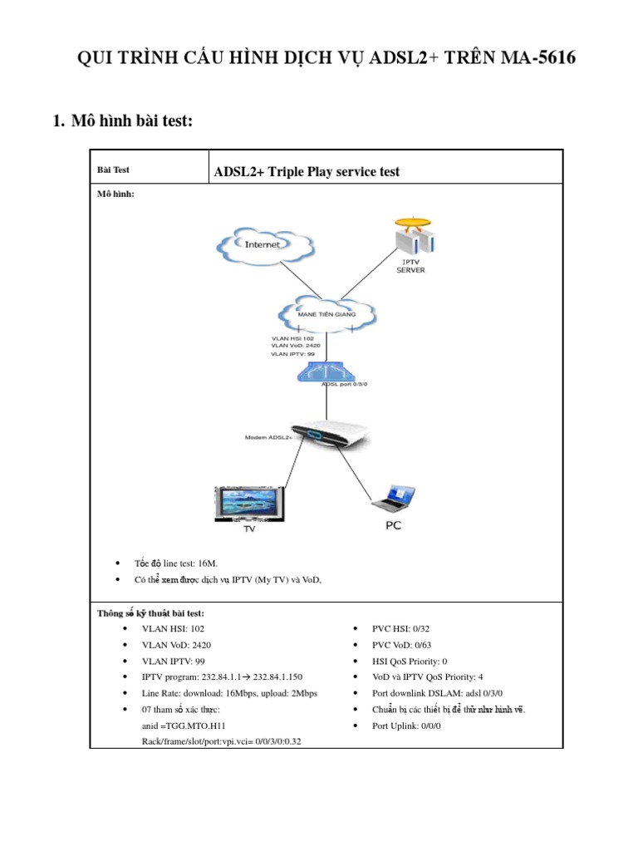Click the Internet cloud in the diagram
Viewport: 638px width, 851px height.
point(264,244)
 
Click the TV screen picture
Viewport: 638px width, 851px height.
point(249,502)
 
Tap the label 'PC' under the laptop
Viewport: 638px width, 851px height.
point(393,525)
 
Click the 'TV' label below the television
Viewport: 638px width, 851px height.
point(248,528)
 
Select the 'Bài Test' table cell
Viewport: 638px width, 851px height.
point(113,170)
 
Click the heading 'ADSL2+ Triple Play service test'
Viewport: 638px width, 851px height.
point(307,171)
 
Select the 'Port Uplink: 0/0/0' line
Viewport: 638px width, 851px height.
point(406,726)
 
